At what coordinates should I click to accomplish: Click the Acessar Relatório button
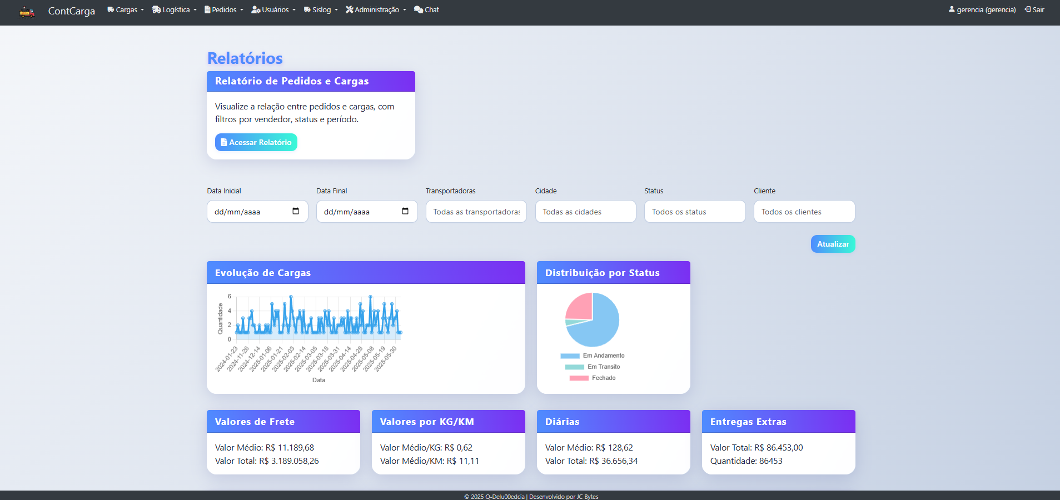(x=256, y=142)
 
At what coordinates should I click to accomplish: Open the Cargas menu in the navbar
(x=126, y=10)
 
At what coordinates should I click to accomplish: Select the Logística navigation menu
(x=175, y=10)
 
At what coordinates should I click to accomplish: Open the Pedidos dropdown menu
(x=224, y=10)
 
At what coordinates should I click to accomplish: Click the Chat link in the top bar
(x=426, y=10)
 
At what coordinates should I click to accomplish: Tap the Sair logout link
(x=1034, y=10)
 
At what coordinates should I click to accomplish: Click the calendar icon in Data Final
(x=405, y=211)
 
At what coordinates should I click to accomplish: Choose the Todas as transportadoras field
(x=476, y=212)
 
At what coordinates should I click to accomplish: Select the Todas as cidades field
(x=585, y=212)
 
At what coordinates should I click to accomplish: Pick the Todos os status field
(x=694, y=212)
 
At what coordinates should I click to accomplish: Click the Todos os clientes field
(x=804, y=212)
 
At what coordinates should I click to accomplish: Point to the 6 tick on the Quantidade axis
(x=230, y=297)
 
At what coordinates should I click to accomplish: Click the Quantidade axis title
(x=220, y=319)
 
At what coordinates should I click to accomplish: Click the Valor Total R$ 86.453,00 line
(x=756, y=448)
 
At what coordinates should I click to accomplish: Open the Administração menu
(x=376, y=10)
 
